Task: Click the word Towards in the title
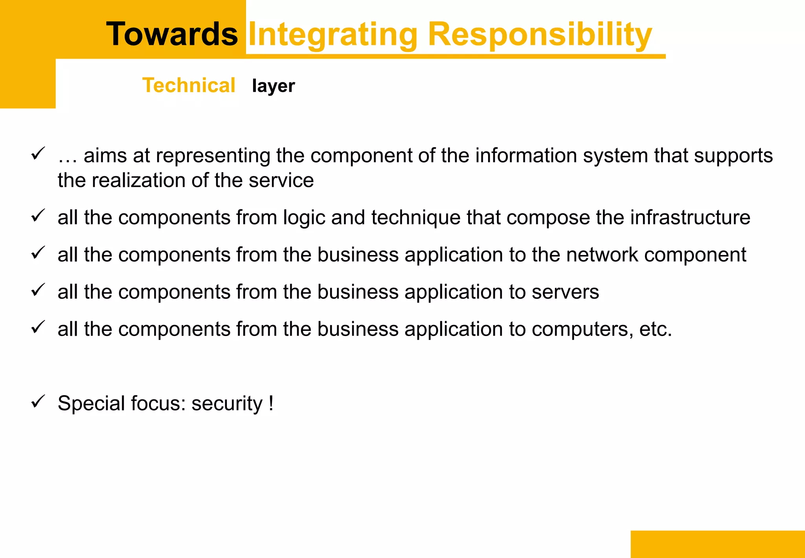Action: (x=172, y=34)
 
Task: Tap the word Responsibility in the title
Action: (x=540, y=35)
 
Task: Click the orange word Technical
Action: (x=189, y=85)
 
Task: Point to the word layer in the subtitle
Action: (x=273, y=86)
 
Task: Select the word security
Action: (x=227, y=404)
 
